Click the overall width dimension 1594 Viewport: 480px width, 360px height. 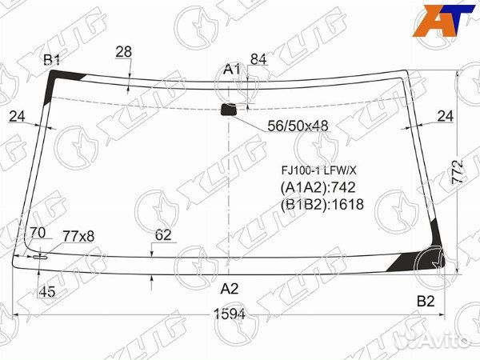pyautogui.click(x=230, y=314)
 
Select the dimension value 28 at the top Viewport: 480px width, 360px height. pyautogui.click(x=124, y=52)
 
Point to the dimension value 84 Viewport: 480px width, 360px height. pyautogui.click(x=258, y=59)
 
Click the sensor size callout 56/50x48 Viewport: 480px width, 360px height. pyautogui.click(x=298, y=126)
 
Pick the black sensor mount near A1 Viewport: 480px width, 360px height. pyautogui.click(x=229, y=110)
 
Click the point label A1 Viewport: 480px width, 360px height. pyautogui.click(x=232, y=70)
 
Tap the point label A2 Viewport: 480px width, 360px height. pyautogui.click(x=230, y=288)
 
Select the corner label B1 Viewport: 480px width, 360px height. pyautogui.click(x=52, y=60)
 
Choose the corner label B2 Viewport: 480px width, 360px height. pyautogui.click(x=426, y=302)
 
